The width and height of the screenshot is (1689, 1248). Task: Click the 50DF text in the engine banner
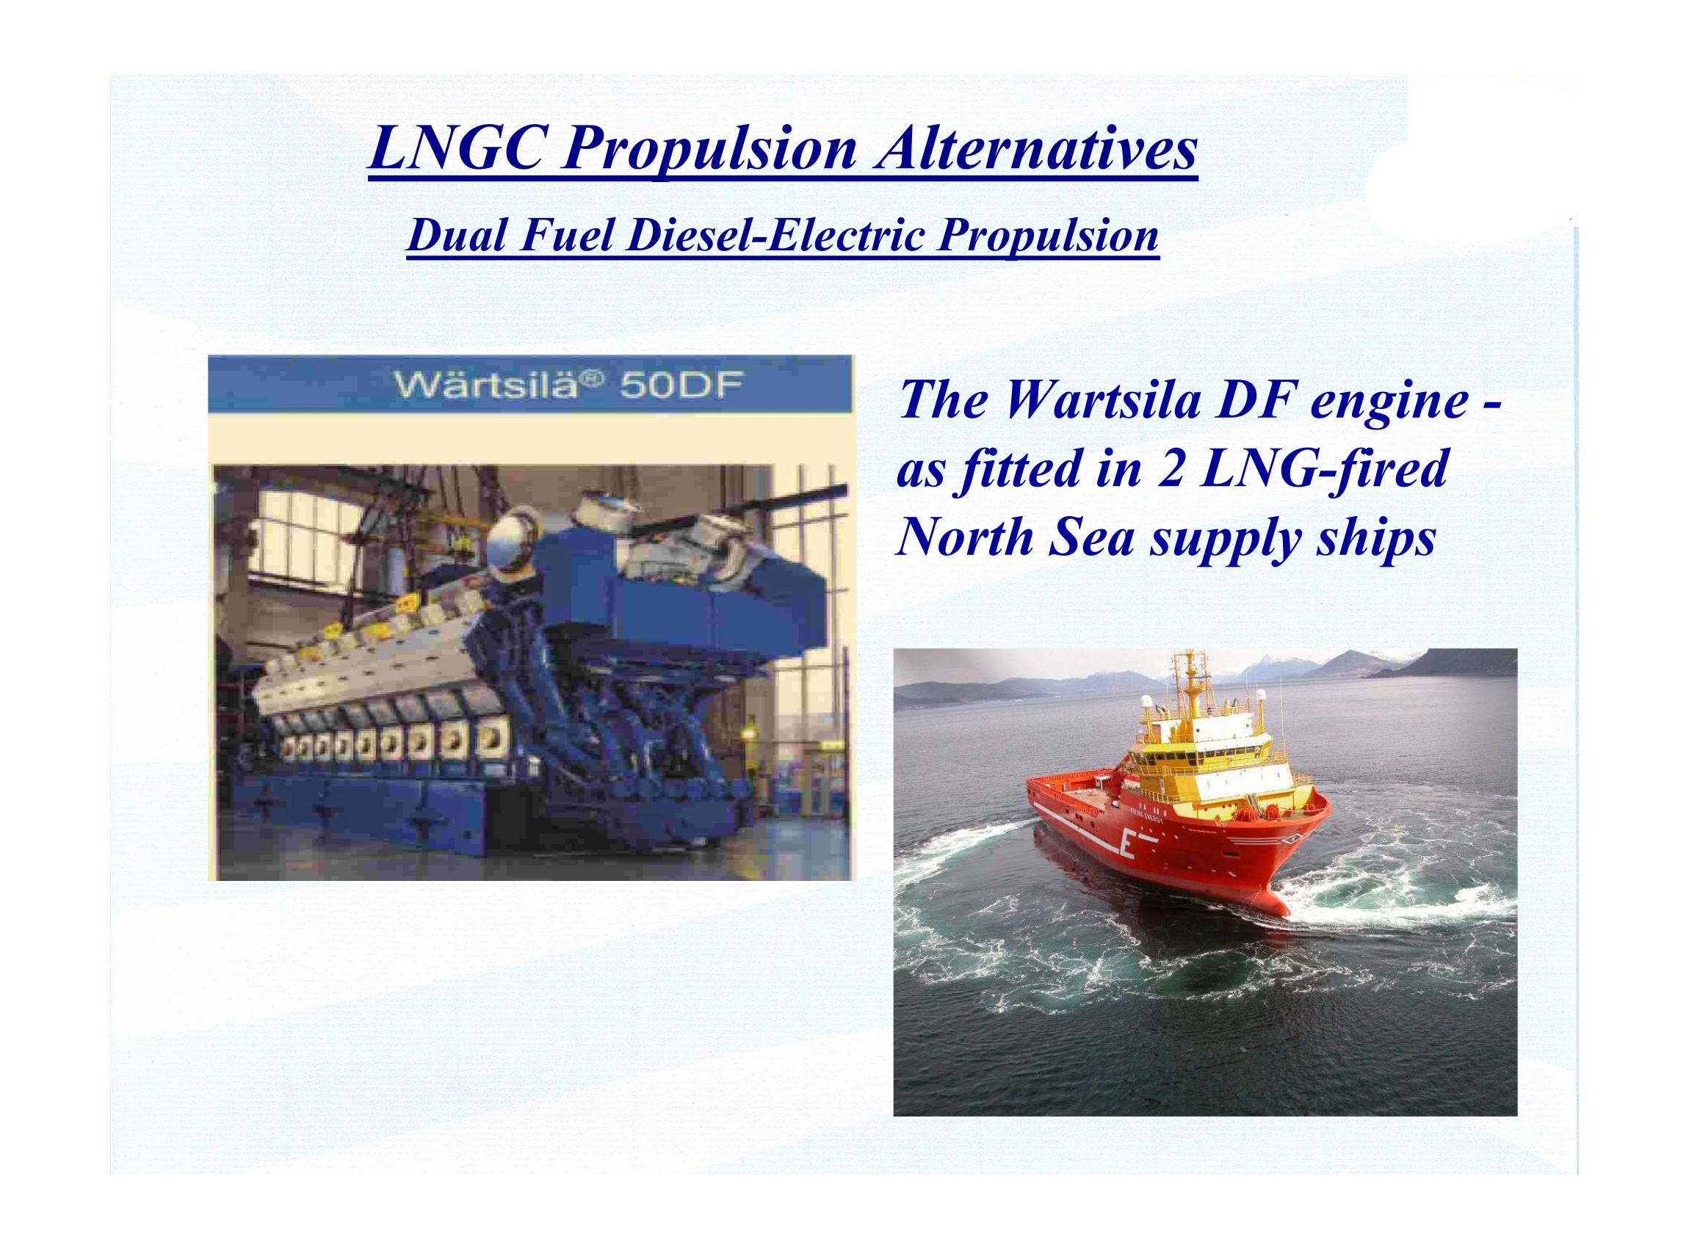[x=681, y=385]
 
